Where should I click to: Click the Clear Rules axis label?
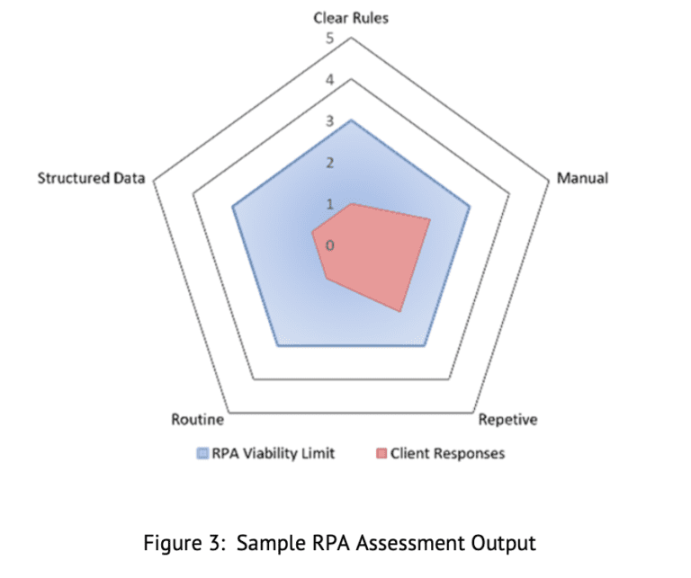(x=351, y=18)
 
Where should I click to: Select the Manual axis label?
(x=582, y=178)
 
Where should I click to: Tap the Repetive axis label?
(x=507, y=420)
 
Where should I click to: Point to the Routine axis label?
(x=197, y=420)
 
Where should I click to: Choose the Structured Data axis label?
(x=91, y=178)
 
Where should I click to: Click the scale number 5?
(x=329, y=38)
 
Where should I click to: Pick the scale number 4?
(x=329, y=80)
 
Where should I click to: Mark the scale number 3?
(x=329, y=121)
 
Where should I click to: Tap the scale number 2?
(x=329, y=163)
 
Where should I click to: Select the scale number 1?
(x=329, y=204)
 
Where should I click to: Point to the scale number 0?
(x=329, y=245)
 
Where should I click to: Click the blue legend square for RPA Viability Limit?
(x=203, y=453)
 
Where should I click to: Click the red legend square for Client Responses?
(x=382, y=453)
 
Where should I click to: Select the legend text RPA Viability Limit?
(x=274, y=453)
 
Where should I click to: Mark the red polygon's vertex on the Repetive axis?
(x=399, y=312)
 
